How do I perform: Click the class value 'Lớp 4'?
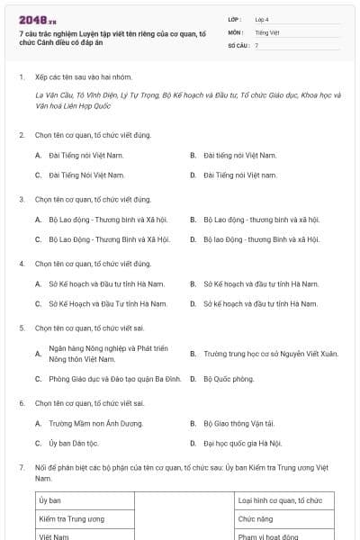tap(262, 19)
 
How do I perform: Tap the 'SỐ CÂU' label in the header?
tap(237, 45)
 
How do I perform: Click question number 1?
tap(22, 77)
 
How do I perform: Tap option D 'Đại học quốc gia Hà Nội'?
tap(242, 443)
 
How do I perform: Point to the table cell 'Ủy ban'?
tap(49, 500)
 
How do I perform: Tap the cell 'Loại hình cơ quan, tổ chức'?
tap(279, 500)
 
